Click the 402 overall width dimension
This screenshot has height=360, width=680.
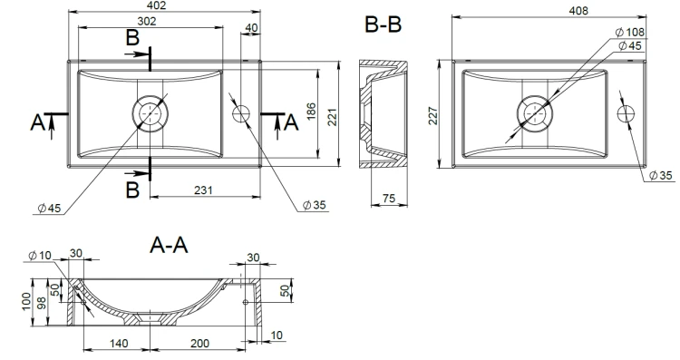click(157, 5)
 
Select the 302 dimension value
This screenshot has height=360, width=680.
click(147, 21)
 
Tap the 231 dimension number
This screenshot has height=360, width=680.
click(203, 190)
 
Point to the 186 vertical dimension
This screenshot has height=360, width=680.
click(311, 112)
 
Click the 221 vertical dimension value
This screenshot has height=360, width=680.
click(332, 117)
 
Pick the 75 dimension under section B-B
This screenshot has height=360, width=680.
click(389, 198)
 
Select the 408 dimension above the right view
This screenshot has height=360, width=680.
click(578, 10)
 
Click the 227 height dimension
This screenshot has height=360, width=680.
click(433, 115)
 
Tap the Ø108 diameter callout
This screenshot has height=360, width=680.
click(630, 32)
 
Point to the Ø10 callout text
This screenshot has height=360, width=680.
click(40, 256)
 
